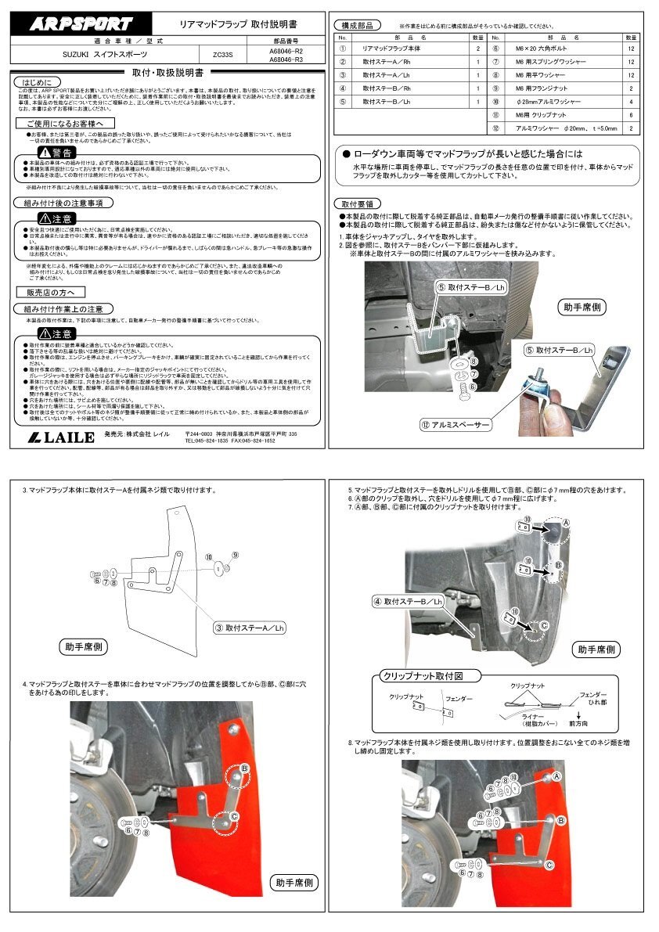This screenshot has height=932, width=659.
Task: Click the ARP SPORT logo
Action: [x=81, y=24]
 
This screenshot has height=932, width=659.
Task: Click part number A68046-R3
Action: [x=286, y=59]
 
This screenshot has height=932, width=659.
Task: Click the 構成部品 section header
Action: [x=357, y=25]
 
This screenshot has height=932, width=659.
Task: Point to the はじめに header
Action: [x=37, y=81]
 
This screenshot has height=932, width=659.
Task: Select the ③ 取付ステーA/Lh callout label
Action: [x=249, y=628]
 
